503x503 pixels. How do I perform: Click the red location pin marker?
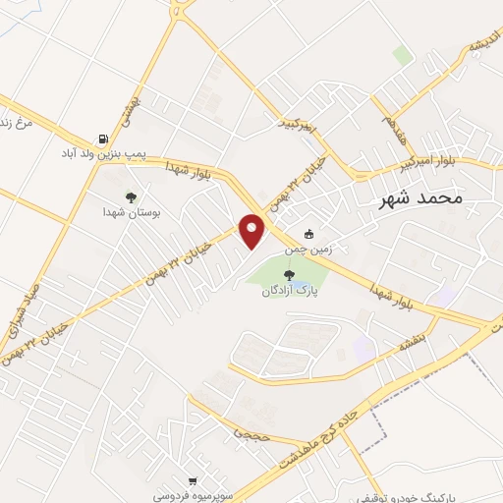point(252,231)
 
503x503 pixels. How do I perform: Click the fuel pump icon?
point(102,139)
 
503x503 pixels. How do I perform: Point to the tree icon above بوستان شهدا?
point(131,196)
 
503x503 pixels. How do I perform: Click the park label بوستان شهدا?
point(132,211)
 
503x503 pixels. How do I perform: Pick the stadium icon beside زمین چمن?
point(309,235)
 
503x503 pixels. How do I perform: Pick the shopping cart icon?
point(194,481)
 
